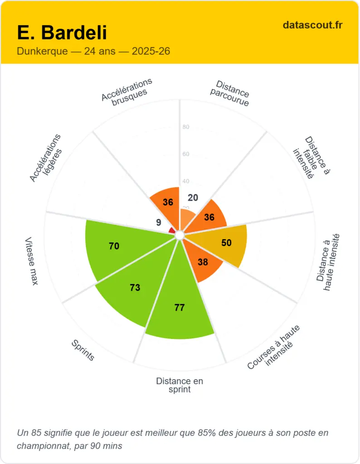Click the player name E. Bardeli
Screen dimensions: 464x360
pyautogui.click(x=62, y=33)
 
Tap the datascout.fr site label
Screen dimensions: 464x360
pyautogui.click(x=312, y=25)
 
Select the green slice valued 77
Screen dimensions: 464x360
pyautogui.click(x=180, y=313)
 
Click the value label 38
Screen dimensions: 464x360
pyautogui.click(x=203, y=261)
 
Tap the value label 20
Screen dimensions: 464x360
pyautogui.click(x=193, y=198)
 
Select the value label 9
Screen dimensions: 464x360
pyautogui.click(x=158, y=222)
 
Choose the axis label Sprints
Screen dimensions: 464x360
pyautogui.click(x=83, y=350)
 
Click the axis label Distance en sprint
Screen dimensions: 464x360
pyautogui.click(x=180, y=385)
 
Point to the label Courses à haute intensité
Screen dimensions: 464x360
pyautogui.click(x=274, y=347)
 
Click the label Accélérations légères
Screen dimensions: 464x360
pyautogui.click(x=45, y=158)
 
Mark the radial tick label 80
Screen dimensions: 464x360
pyautogui.click(x=185, y=127)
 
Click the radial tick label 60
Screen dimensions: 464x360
pyautogui.click(x=185, y=154)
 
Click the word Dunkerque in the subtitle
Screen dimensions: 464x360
pyautogui.click(x=41, y=51)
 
